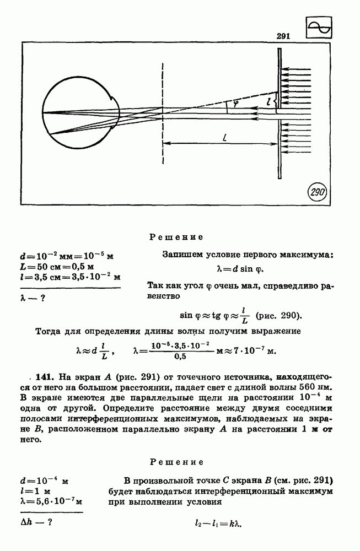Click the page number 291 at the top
283,36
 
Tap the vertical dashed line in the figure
163,110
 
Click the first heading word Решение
176,237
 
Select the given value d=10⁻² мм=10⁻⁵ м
66,256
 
